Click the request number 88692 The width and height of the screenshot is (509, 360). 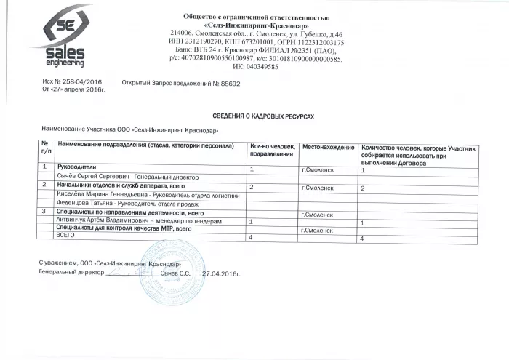pos(231,83)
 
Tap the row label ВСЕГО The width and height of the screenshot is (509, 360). pos(67,237)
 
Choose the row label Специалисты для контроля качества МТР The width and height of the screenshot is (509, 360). pos(123,228)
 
